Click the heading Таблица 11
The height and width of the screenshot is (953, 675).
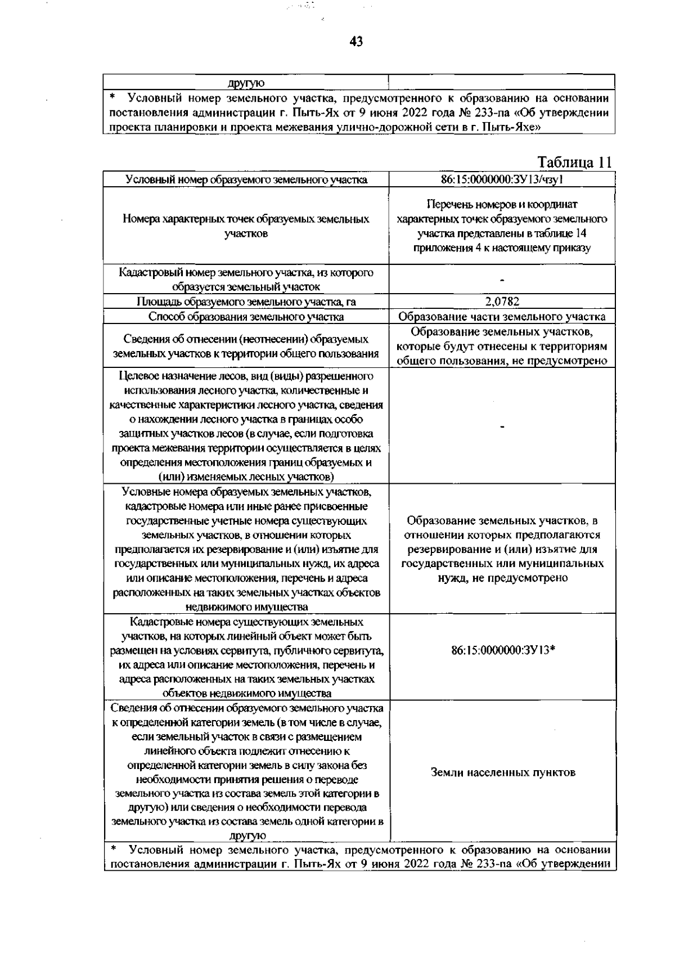point(574,163)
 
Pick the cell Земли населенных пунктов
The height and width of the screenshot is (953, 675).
point(503,772)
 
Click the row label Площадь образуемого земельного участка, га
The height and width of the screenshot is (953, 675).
point(246,302)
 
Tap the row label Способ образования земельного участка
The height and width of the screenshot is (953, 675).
point(246,317)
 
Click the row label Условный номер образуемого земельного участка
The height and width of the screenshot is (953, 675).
point(246,179)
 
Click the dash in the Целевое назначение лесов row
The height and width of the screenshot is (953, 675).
point(502,426)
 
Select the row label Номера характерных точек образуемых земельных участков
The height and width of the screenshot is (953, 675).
point(246,226)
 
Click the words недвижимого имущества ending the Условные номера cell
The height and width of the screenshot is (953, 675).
point(246,607)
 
